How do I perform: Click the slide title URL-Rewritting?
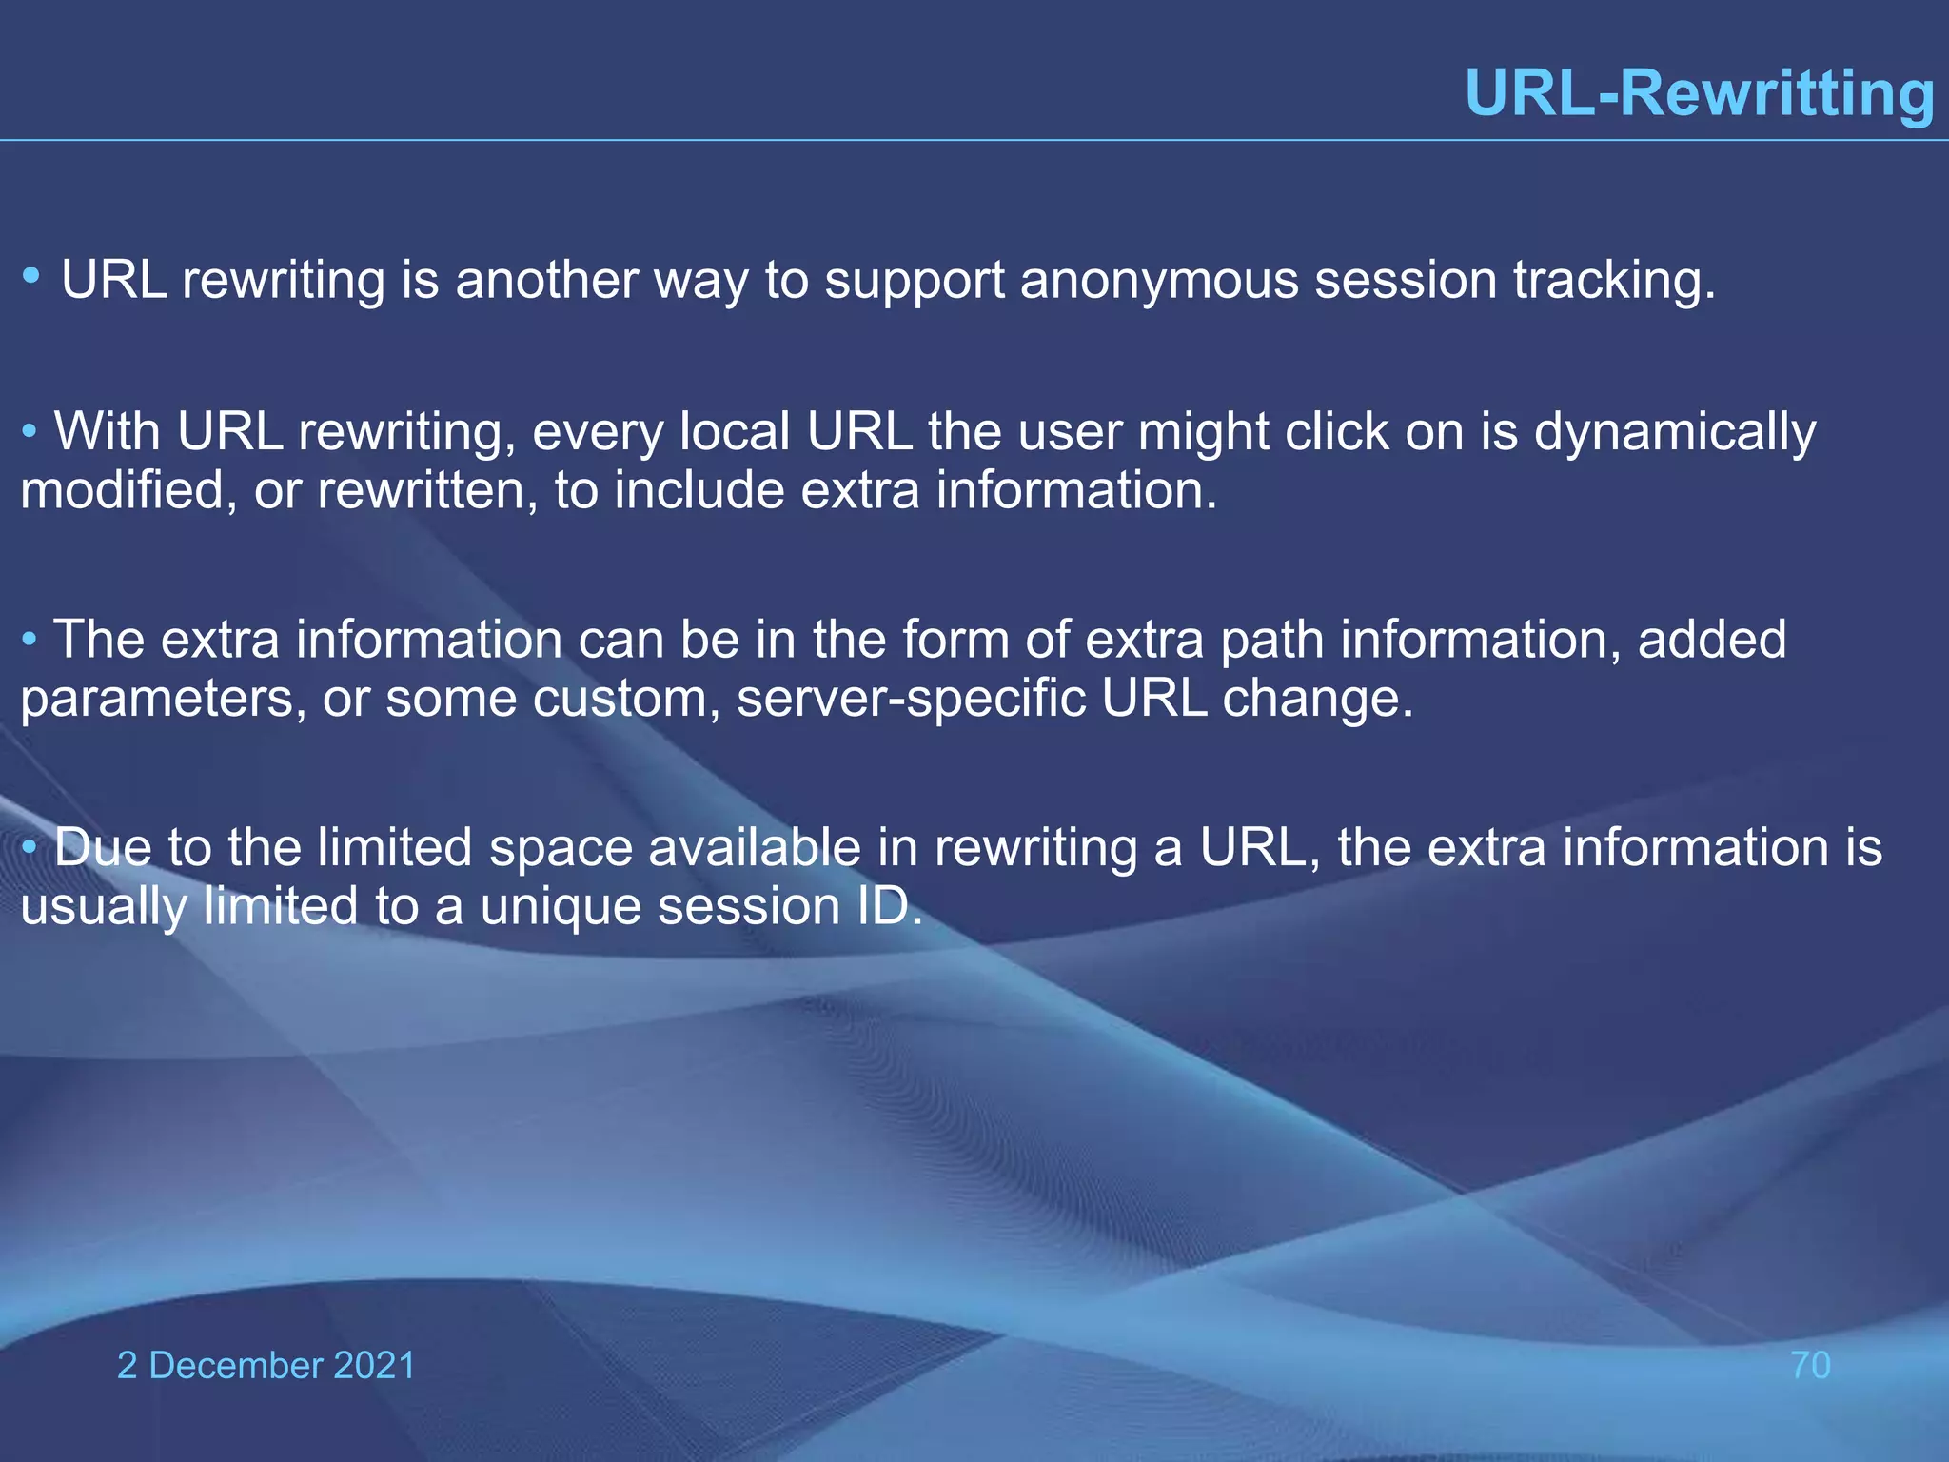pyautogui.click(x=1700, y=93)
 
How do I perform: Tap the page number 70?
pyautogui.click(x=1810, y=1365)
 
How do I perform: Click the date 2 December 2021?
pyautogui.click(x=266, y=1365)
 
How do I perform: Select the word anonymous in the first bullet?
pyautogui.click(x=1159, y=281)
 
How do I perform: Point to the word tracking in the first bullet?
pyautogui.click(x=1614, y=281)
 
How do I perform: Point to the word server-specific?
pyautogui.click(x=911, y=700)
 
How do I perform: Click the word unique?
pyautogui.click(x=561, y=906)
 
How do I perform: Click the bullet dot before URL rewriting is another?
pyautogui.click(x=31, y=276)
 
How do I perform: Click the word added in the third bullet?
pyautogui.click(x=1711, y=640)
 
